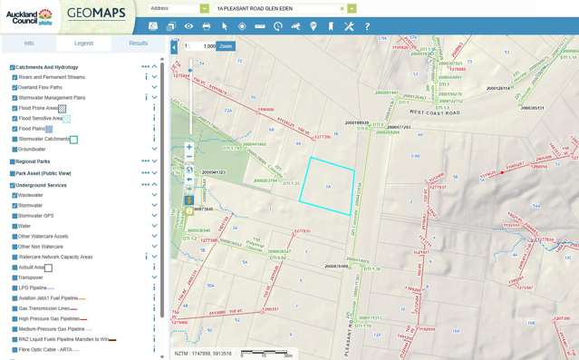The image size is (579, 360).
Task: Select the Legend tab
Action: pos(83,43)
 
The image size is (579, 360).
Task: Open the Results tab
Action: pos(138,43)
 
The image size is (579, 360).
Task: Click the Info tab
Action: pos(29,43)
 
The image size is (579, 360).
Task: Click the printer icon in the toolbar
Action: pos(206,26)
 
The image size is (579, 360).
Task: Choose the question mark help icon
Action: pos(367,26)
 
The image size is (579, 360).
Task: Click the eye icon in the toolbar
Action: pos(188,26)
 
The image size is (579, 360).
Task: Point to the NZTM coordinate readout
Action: pos(205,353)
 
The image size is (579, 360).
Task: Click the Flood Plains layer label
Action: pos(31,129)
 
